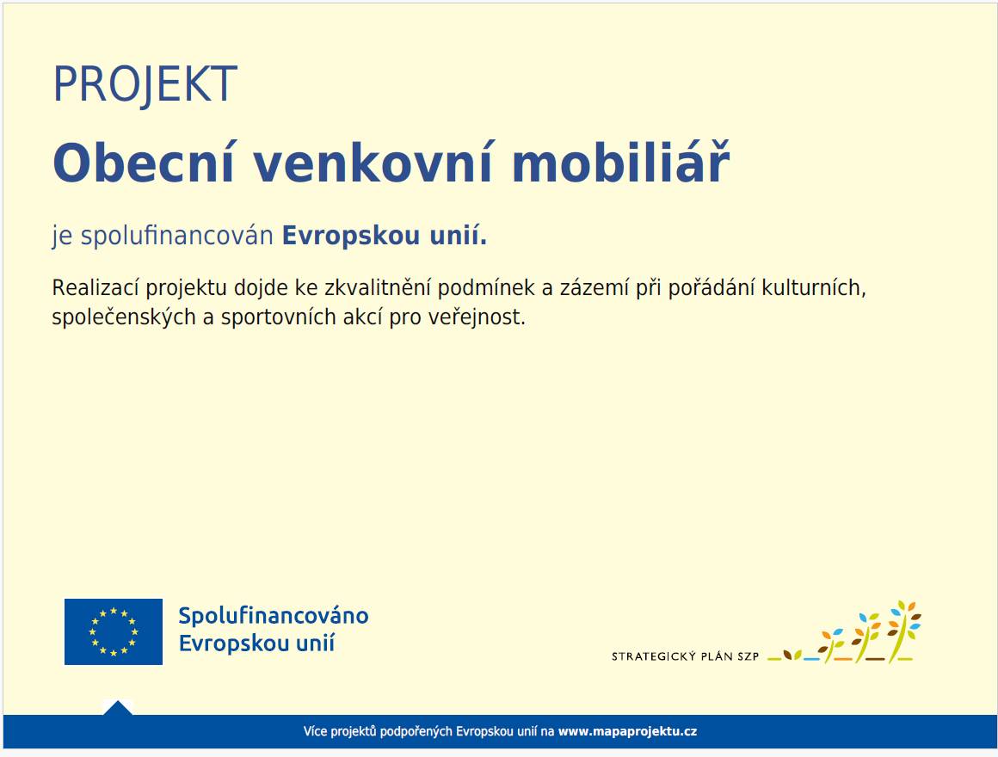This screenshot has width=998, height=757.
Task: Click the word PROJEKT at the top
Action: point(145,84)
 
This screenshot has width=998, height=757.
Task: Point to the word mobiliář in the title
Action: point(620,163)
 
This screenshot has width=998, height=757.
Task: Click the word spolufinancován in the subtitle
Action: point(176,237)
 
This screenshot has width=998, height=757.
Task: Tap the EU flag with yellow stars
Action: point(114,631)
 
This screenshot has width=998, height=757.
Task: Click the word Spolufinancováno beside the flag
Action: point(274,616)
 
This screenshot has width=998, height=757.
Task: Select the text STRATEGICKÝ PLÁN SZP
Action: point(685,656)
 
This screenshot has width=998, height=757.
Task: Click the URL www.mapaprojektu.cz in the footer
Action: point(627,732)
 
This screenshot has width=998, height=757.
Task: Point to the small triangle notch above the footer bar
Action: point(118,708)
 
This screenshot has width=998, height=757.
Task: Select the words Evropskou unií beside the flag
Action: point(256,643)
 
